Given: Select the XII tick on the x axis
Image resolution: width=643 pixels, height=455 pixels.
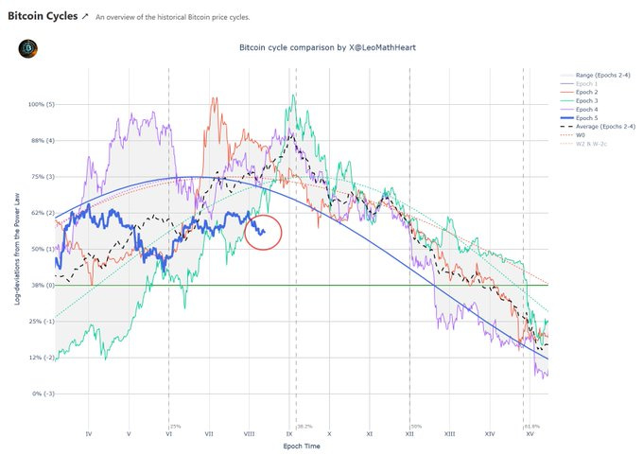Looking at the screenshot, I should point(409,433).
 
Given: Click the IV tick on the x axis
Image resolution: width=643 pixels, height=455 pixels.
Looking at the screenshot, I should point(89,433).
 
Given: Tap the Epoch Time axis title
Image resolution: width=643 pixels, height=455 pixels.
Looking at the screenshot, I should point(301,446).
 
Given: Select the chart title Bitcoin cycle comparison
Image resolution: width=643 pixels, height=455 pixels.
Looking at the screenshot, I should point(301,46).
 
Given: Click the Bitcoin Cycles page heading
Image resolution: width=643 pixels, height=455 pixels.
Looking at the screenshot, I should point(41,16).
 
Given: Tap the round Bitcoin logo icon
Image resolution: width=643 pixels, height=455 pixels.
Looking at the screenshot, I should point(27,48).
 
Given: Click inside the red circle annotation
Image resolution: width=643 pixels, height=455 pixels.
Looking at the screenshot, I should point(264,232).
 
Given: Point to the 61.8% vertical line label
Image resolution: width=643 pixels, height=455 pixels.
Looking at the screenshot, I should point(531,427).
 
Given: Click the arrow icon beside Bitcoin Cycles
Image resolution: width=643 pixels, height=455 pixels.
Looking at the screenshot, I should point(86,16).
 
